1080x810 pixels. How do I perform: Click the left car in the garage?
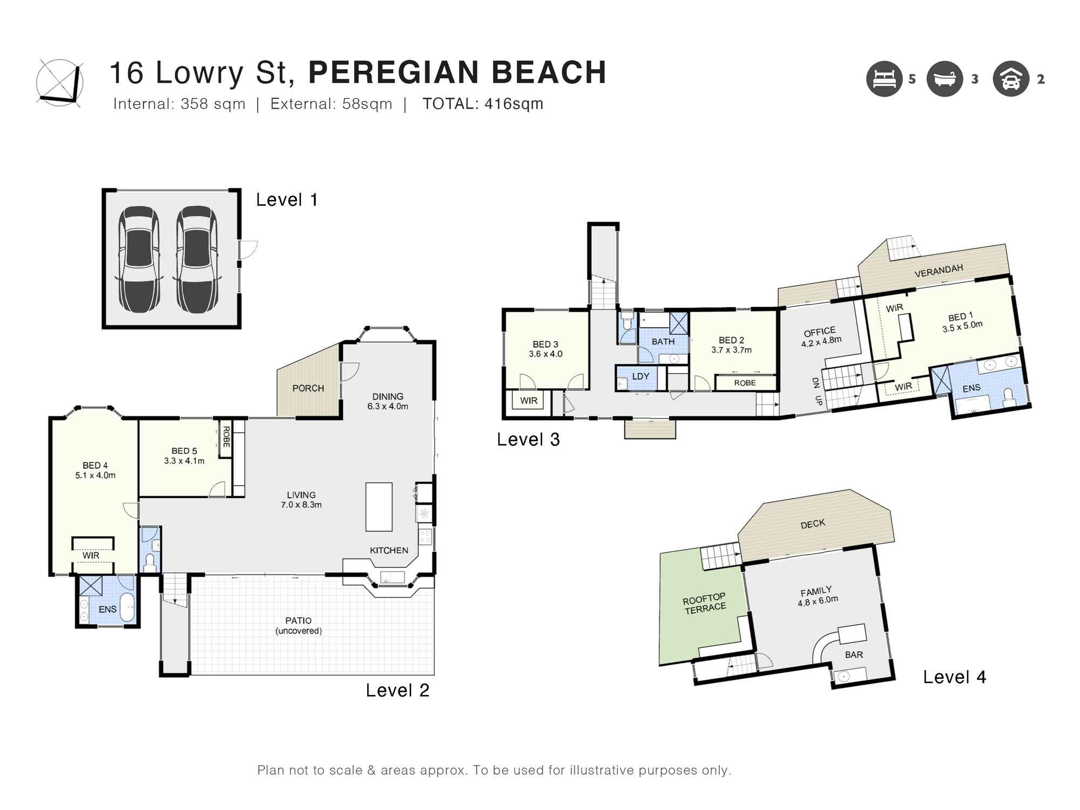[x=138, y=259]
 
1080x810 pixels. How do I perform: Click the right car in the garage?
[x=197, y=259]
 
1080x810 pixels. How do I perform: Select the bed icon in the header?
[x=885, y=79]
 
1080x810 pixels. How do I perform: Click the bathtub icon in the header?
[x=944, y=79]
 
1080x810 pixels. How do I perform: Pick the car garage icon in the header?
[x=1010, y=79]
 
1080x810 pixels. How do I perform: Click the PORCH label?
[x=308, y=388]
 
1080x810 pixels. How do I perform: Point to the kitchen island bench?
[x=379, y=507]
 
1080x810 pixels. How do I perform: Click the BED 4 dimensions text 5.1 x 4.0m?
[x=95, y=476]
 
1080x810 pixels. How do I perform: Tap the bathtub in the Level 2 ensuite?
[x=127, y=608]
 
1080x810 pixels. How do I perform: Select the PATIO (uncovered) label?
[x=299, y=626]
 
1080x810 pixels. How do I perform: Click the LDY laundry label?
[x=640, y=376]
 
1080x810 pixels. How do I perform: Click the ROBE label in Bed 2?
[x=745, y=383]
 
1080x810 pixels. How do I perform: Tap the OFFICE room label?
[x=819, y=332]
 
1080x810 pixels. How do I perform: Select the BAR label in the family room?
[x=854, y=654]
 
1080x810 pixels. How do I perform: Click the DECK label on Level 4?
[x=813, y=524]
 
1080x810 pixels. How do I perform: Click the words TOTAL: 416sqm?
[x=483, y=104]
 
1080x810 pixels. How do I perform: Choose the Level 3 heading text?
[x=528, y=440]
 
